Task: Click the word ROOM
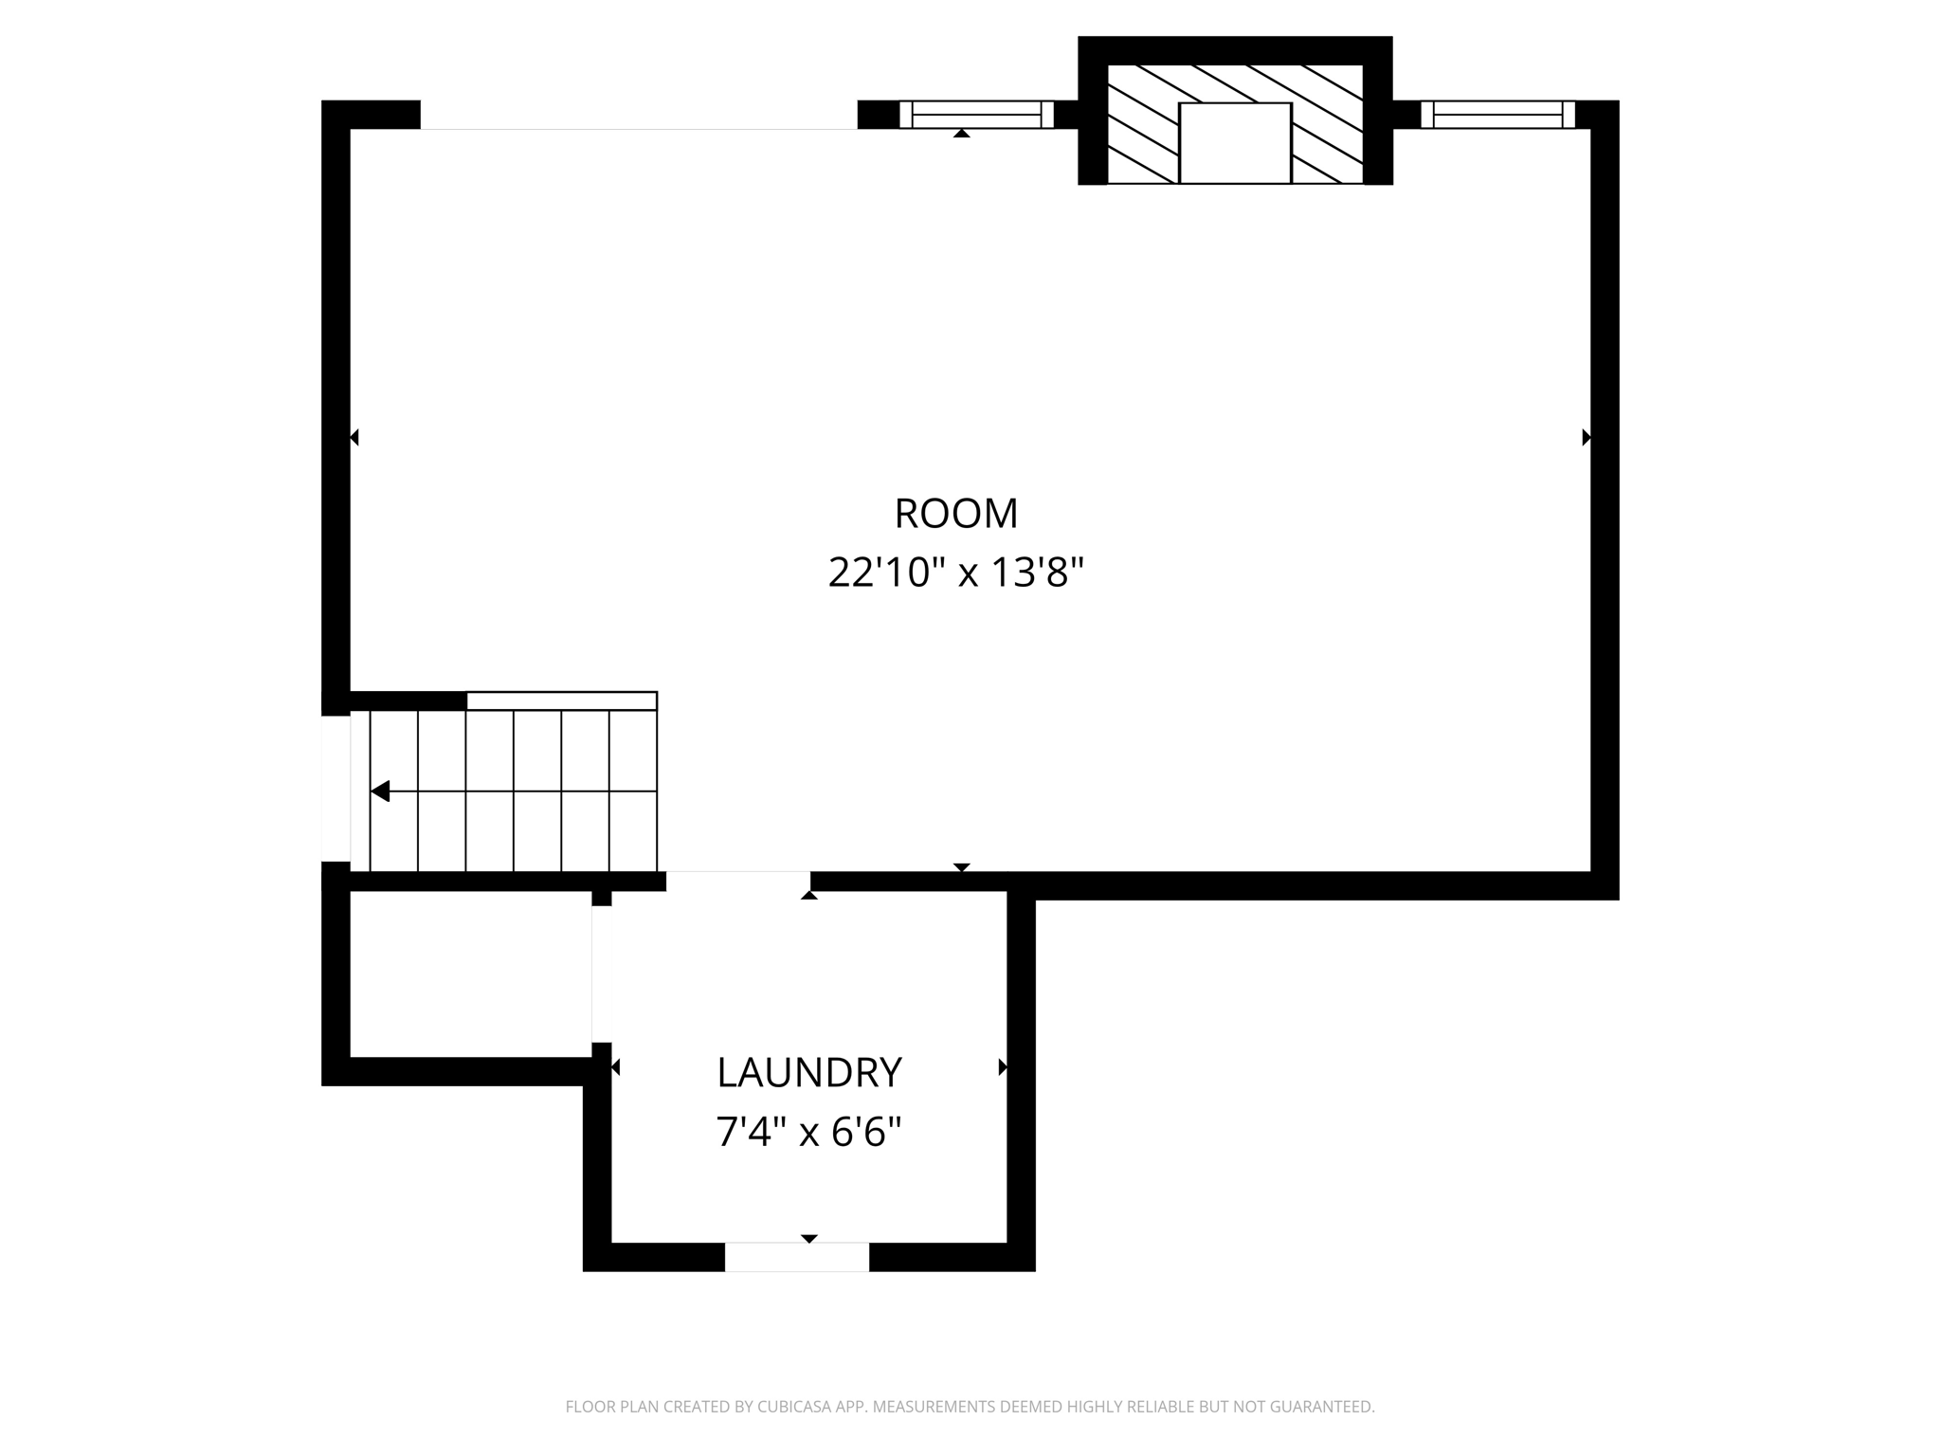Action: [955, 514]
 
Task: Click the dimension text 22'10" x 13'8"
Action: [955, 573]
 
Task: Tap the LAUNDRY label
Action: [808, 1073]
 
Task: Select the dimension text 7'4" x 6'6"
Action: [808, 1132]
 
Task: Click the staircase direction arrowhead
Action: [380, 791]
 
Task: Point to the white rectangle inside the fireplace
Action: [1234, 143]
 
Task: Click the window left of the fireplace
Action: [976, 115]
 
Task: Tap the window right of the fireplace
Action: [1497, 115]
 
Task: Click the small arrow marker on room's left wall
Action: [354, 437]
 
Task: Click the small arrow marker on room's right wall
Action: [1586, 437]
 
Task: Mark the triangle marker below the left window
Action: [961, 134]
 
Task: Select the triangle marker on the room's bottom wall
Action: [961, 867]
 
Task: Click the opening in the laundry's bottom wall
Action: [796, 1257]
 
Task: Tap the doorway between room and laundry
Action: [737, 881]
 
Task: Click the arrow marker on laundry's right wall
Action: [1003, 1067]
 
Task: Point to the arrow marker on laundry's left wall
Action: [615, 1067]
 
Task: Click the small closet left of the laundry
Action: [470, 974]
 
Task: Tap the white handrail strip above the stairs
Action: [561, 701]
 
